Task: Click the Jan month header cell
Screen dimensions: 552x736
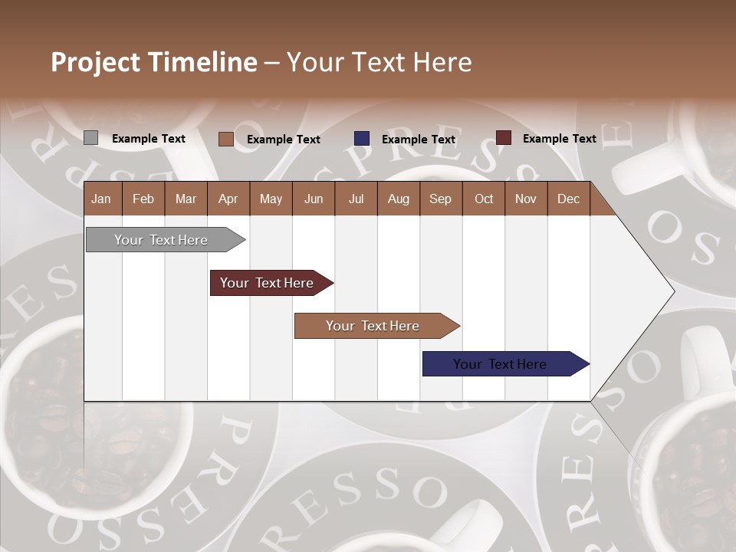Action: coord(102,199)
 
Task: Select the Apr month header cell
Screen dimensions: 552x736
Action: coord(228,199)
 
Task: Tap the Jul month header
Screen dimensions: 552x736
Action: coord(356,199)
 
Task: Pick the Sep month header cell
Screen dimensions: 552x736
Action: coord(440,199)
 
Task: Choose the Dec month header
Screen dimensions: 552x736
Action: coord(568,199)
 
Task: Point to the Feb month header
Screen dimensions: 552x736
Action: coord(143,199)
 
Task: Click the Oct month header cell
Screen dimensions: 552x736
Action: coord(484,199)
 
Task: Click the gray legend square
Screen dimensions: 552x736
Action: coord(90,138)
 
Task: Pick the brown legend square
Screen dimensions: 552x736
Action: coord(225,139)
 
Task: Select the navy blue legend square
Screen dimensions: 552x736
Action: coord(362,139)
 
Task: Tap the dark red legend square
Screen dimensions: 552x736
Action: coord(503,138)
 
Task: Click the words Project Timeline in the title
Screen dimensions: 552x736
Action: coord(154,62)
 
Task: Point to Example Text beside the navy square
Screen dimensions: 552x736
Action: coord(418,140)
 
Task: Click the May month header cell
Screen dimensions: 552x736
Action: coord(271,199)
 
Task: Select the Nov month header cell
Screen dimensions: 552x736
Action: coord(526,199)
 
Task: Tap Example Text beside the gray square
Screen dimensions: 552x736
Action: coord(148,139)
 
